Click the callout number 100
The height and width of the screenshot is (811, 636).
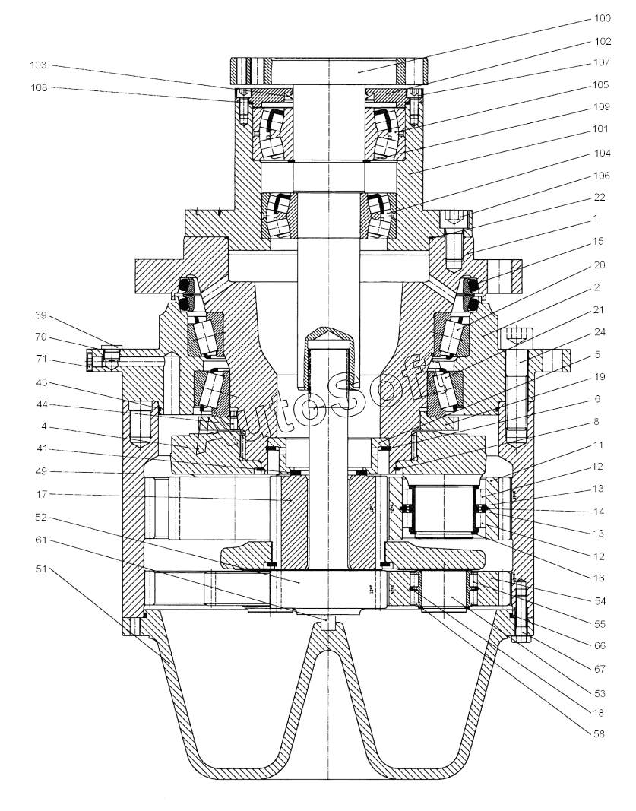tap(602, 18)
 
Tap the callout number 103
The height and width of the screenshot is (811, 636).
tap(38, 65)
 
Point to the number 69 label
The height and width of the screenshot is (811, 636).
tap(41, 315)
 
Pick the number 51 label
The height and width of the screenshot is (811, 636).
tap(41, 569)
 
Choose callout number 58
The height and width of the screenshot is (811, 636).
tap(599, 733)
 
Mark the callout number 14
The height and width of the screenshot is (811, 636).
tap(599, 512)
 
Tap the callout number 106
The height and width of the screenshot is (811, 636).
tap(602, 176)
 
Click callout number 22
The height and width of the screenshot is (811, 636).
tap(599, 198)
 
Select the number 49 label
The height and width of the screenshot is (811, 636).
tap(41, 471)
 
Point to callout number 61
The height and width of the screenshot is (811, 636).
tap(41, 540)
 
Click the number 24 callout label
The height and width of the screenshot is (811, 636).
tap(599, 332)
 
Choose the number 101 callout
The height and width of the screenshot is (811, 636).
tap(601, 128)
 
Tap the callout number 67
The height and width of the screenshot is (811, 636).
tap(599, 669)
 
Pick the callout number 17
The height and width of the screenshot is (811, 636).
tap(41, 495)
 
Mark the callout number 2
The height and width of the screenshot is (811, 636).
tap(596, 287)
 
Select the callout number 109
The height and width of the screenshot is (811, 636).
tap(602, 107)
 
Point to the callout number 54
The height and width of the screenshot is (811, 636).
tap(599, 601)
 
